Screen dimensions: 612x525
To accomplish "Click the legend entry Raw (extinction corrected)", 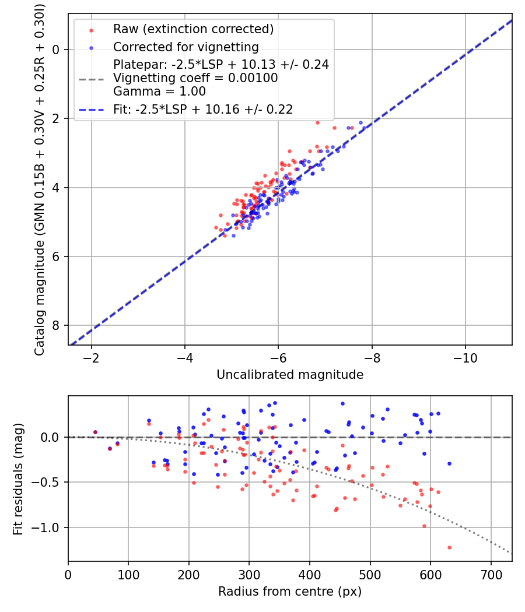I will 193,29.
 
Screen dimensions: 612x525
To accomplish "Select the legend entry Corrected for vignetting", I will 185,47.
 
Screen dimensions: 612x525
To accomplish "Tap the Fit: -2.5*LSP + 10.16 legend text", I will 203,109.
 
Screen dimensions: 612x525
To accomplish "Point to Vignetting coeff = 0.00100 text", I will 195,78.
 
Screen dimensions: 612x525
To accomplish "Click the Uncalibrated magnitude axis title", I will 290,375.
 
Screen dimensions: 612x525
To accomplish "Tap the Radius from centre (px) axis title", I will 290,592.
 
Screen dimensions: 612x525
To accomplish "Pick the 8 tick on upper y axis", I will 57,325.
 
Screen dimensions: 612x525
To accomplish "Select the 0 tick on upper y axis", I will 57,50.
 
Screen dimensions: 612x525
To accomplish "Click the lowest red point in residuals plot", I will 449,547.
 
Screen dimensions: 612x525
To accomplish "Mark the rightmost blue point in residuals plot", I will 449,463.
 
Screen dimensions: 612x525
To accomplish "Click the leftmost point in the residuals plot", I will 95,432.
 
